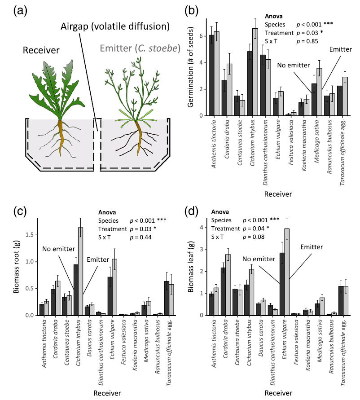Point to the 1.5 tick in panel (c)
[x=31, y=234]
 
